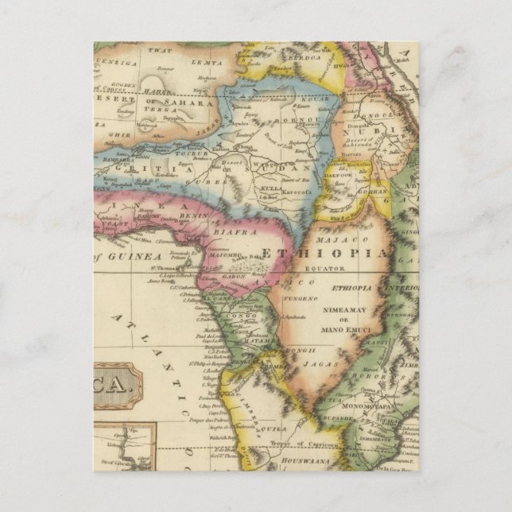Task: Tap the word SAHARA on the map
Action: (x=187, y=103)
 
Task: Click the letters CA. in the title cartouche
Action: (x=115, y=386)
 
